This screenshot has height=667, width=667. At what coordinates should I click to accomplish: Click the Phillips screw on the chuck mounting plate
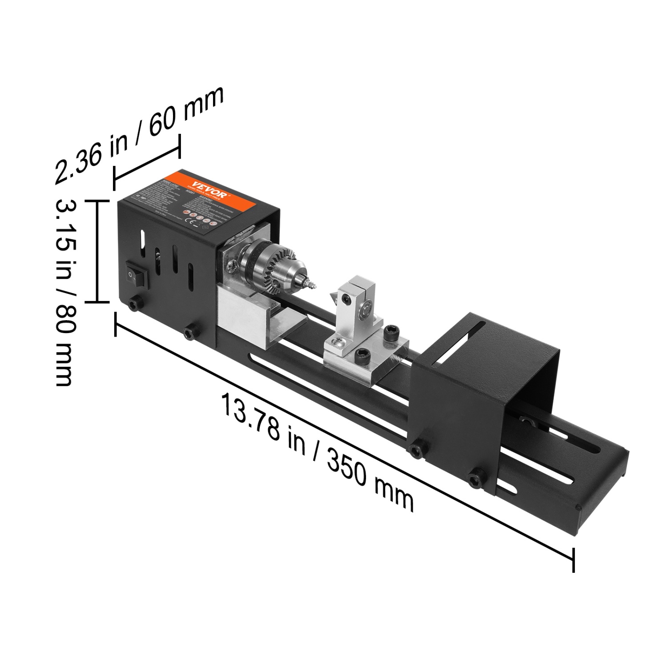point(231,267)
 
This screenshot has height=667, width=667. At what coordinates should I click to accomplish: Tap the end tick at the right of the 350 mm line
point(574,559)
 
